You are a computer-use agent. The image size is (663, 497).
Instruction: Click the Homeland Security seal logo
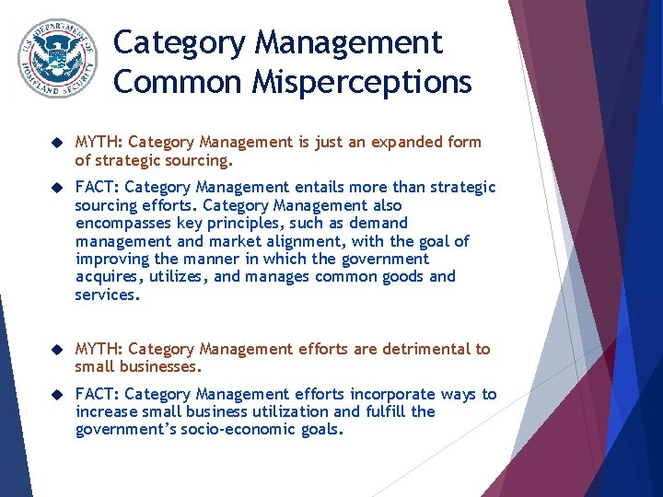point(57,59)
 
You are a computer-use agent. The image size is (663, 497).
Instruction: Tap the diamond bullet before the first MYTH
point(57,143)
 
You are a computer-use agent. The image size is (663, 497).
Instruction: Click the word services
point(106,295)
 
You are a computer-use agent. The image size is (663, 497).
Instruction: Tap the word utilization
point(282,411)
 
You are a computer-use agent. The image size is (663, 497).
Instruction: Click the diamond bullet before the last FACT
point(57,395)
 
